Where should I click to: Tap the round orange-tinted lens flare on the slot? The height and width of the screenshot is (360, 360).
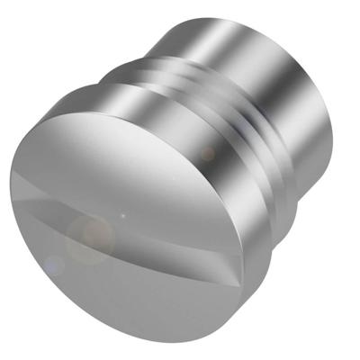pyautogui.click(x=90, y=238)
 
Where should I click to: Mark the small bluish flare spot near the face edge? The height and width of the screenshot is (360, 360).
pyautogui.click(x=54, y=265)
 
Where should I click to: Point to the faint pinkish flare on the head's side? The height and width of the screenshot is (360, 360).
pyautogui.click(x=208, y=154)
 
